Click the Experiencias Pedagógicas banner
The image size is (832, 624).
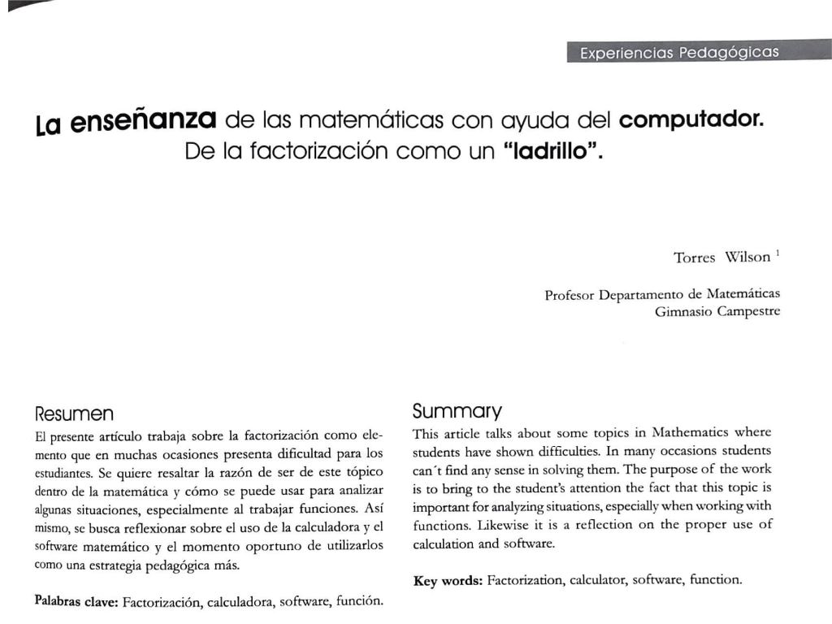click(678, 53)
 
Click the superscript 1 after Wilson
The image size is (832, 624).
click(778, 253)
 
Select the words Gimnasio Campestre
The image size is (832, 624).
click(717, 310)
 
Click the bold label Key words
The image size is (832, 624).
click(448, 580)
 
